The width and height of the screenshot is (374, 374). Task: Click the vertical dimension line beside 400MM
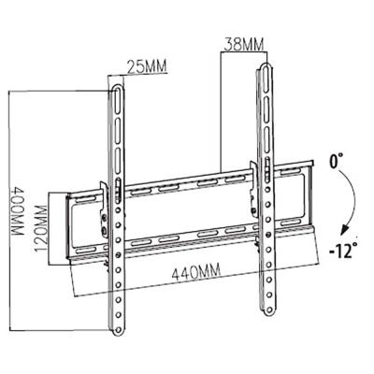coord(7,210)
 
